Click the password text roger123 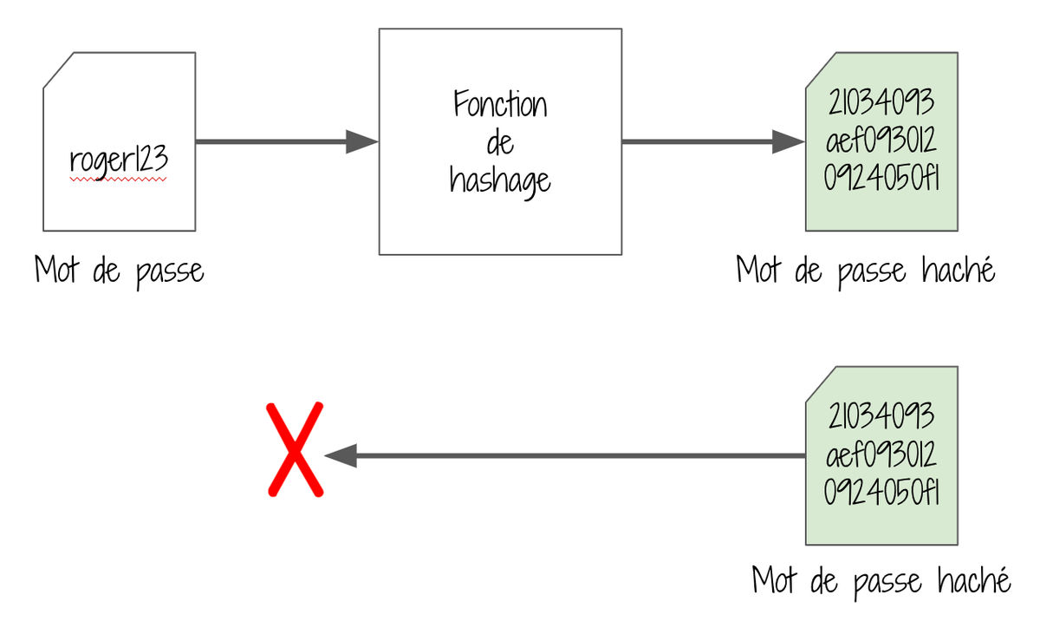pyautogui.click(x=119, y=160)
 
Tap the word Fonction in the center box pyautogui.click(x=501, y=103)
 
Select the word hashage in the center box pyautogui.click(x=500, y=181)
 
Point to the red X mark pyautogui.click(x=296, y=449)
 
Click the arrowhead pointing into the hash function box pyautogui.click(x=362, y=141)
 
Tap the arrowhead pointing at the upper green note pyautogui.click(x=789, y=141)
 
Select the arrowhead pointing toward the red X pyautogui.click(x=341, y=455)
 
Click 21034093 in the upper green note pyautogui.click(x=881, y=102)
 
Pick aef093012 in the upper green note pyautogui.click(x=881, y=140)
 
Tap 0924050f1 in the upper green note pyautogui.click(x=881, y=178)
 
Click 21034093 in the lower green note pyautogui.click(x=881, y=416)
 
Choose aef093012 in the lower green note pyautogui.click(x=881, y=454)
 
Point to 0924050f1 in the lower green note pyautogui.click(x=881, y=492)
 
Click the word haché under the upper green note pyautogui.click(x=959, y=270)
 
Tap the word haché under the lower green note pyautogui.click(x=974, y=579)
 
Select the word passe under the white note pyautogui.click(x=170, y=272)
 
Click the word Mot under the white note pyautogui.click(x=56, y=270)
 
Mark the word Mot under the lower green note pyautogui.click(x=775, y=579)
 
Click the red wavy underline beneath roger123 pyautogui.click(x=118, y=180)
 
